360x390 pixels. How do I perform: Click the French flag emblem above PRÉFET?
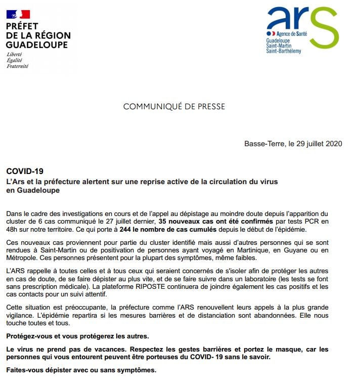(18, 14)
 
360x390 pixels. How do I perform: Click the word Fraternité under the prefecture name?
(17, 66)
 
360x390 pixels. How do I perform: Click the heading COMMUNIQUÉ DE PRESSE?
(174, 107)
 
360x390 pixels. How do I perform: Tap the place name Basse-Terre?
(261, 144)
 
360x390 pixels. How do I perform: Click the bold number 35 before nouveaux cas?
(163, 222)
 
